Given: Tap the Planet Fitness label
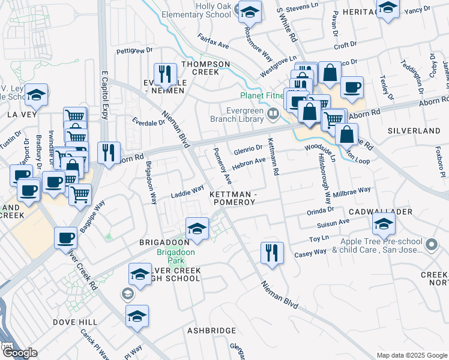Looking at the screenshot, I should point(262,95).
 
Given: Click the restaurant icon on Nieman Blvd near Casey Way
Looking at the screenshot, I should point(271,253).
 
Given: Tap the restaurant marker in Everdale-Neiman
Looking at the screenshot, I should point(164,74).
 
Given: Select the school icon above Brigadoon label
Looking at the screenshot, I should point(197,229).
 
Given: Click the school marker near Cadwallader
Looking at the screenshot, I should point(383,225).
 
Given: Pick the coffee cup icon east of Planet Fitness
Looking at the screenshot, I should point(352,88).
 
